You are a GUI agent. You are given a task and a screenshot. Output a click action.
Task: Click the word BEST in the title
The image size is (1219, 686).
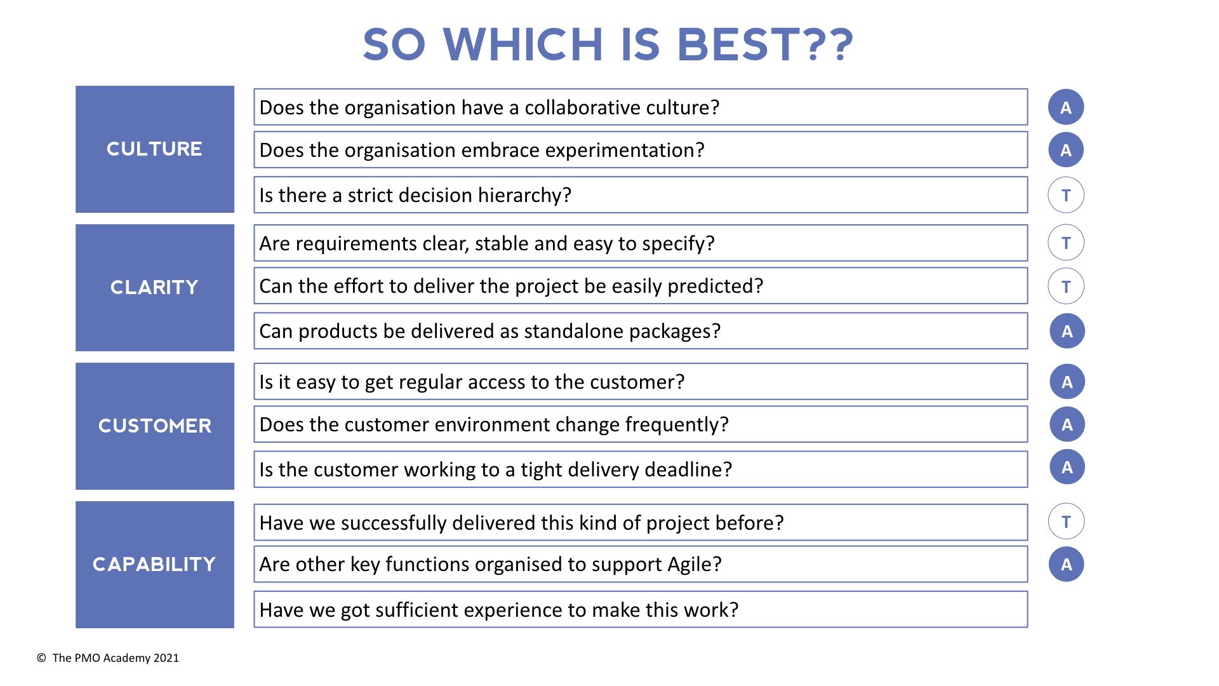738,44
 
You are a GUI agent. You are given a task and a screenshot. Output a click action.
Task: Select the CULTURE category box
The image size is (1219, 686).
155,149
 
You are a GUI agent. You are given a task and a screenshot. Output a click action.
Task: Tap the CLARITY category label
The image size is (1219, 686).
154,287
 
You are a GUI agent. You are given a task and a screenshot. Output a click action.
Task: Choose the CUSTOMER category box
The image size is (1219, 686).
155,426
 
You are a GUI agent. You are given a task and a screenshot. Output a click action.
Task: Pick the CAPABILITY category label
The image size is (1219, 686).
154,564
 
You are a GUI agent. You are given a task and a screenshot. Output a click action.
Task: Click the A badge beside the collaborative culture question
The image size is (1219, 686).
1066,107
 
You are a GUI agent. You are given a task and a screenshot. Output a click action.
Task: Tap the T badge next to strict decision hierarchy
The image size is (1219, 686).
1066,195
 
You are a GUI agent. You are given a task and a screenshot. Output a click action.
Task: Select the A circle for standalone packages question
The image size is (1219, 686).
1067,331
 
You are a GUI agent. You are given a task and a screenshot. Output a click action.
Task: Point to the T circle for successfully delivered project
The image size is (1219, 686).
1066,521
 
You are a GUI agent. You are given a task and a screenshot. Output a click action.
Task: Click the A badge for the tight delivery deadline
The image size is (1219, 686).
1067,467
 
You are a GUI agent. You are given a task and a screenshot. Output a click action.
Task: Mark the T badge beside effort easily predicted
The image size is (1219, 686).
1066,286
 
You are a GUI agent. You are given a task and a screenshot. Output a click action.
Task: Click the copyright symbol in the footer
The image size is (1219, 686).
41,658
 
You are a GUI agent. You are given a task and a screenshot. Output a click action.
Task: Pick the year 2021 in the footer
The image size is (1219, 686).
166,658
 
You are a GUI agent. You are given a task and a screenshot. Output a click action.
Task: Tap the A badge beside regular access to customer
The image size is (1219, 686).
1067,382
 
